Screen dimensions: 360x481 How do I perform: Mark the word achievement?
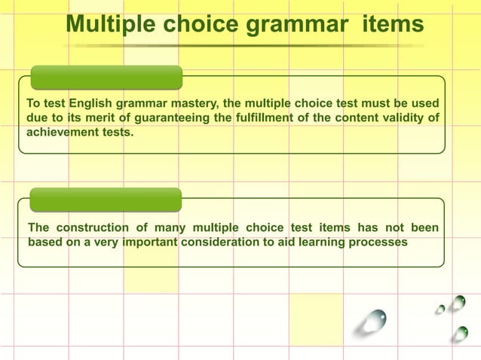pos(63,132)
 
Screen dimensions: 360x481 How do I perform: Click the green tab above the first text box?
pos(106,78)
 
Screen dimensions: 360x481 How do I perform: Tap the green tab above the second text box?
pos(106,200)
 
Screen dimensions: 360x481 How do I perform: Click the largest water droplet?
pos(372,322)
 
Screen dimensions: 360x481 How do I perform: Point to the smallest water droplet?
pos(440,309)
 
